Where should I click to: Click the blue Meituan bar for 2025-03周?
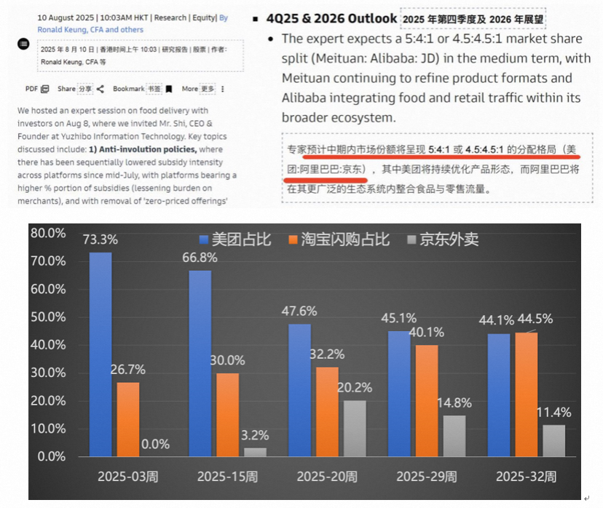100,354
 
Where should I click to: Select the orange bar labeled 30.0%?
227,415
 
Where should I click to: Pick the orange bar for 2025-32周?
526,394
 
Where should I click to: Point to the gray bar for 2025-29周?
454,435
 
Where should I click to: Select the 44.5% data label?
533,319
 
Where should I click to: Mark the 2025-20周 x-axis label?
327,477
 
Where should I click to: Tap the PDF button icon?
45,89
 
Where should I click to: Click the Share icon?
100,89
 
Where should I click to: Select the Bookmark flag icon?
168,89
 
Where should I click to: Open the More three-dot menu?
222,89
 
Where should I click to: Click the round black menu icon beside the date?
23,44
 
